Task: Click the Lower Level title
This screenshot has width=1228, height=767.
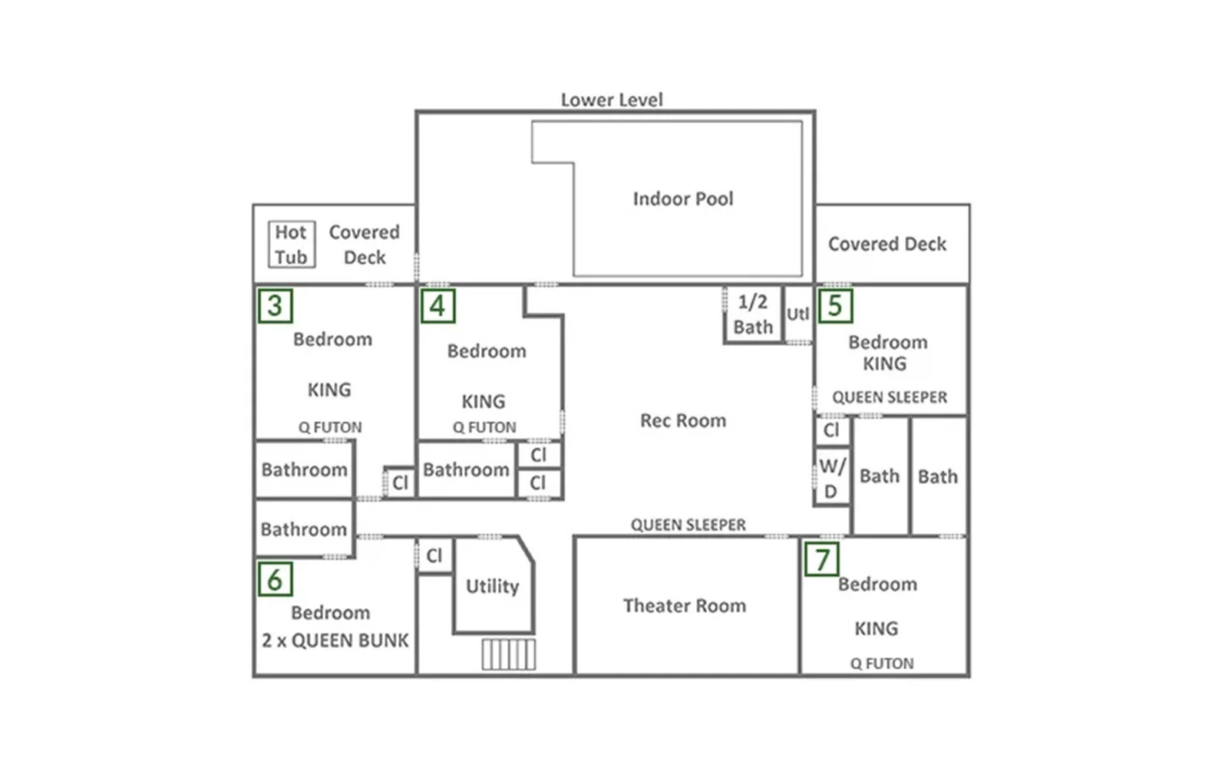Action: click(x=611, y=100)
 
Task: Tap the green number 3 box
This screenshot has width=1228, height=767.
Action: click(x=276, y=306)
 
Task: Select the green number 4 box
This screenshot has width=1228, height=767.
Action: click(x=437, y=306)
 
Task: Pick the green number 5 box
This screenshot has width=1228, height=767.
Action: click(x=835, y=305)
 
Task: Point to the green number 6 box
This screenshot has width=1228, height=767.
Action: click(x=276, y=579)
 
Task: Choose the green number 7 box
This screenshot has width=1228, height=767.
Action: click(x=821, y=559)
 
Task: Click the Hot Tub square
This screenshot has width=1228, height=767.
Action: click(x=292, y=245)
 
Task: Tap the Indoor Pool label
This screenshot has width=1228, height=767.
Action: click(x=683, y=199)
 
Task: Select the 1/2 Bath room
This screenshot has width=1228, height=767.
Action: click(x=753, y=314)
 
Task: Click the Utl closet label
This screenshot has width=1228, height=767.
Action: click(x=797, y=314)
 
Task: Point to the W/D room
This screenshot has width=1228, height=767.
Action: click(x=832, y=476)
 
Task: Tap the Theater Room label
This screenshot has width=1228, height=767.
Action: click(x=684, y=605)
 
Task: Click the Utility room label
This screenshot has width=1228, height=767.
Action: click(x=492, y=586)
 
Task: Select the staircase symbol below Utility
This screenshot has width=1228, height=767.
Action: click(x=509, y=654)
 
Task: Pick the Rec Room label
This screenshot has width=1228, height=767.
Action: click(x=683, y=420)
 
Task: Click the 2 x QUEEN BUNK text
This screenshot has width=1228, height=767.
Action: click(x=335, y=640)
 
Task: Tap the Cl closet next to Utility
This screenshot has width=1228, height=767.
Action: click(x=434, y=555)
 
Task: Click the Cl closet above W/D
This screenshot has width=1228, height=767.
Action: click(x=832, y=430)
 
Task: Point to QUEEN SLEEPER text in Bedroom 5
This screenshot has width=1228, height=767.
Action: click(x=890, y=397)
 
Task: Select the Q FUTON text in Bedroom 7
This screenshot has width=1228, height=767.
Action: click(x=882, y=663)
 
